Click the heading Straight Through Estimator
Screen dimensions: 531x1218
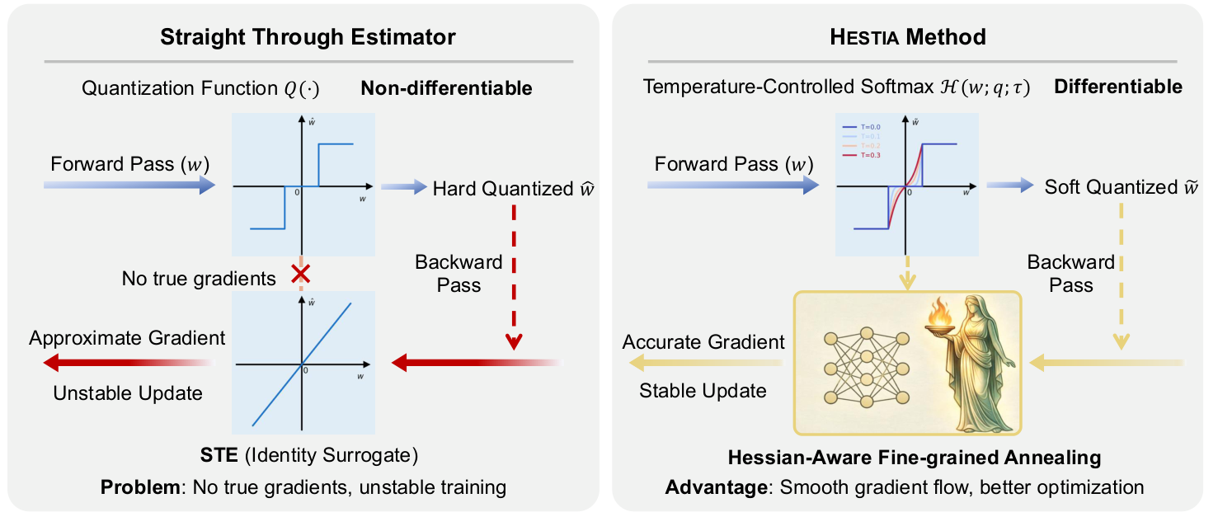tap(308, 37)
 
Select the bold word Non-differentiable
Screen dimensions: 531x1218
tap(446, 87)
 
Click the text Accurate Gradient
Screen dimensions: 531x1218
tap(703, 341)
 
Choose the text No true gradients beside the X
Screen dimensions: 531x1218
tap(199, 279)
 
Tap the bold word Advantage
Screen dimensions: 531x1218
tap(716, 487)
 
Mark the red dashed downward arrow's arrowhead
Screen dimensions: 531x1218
tap(514, 341)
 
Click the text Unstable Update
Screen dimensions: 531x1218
tap(128, 393)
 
